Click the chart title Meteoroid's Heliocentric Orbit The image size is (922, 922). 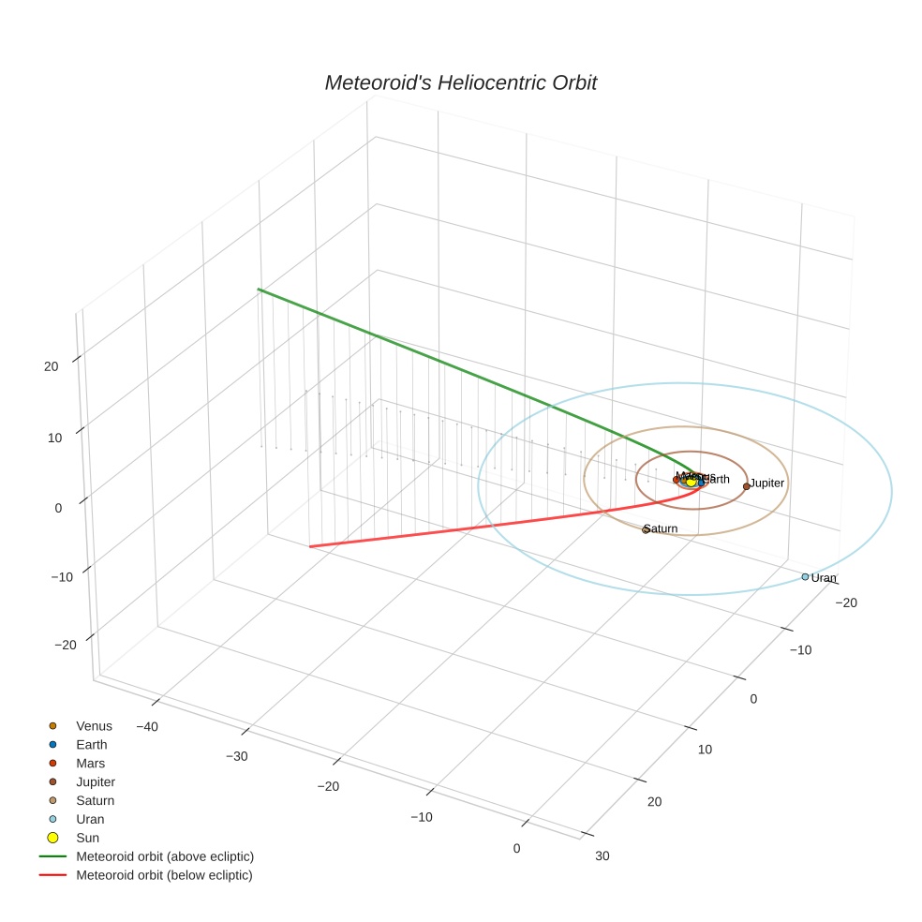pos(460,83)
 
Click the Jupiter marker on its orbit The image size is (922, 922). pos(746,486)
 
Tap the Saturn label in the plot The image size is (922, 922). pos(662,528)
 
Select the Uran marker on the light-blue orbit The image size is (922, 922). pos(805,576)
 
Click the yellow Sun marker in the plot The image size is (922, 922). pos(691,481)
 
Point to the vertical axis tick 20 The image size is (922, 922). pos(52,366)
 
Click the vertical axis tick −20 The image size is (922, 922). pos(65,645)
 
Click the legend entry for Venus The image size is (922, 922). pos(94,726)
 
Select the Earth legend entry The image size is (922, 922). pos(91,745)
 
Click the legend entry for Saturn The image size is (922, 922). pos(95,800)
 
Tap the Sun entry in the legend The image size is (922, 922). pos(87,838)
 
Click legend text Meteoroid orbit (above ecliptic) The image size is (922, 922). pos(165,856)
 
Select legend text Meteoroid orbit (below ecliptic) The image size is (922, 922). pos(164,875)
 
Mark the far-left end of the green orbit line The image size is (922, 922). pos(259,290)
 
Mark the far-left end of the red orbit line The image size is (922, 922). pos(310,546)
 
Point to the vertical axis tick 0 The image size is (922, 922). pos(58,507)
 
